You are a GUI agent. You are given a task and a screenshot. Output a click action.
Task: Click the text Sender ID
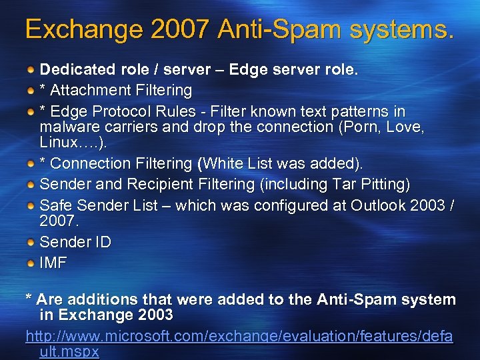(x=75, y=241)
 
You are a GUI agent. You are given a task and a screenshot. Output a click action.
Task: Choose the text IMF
(x=53, y=263)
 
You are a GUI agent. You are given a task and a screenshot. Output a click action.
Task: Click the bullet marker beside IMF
(x=31, y=263)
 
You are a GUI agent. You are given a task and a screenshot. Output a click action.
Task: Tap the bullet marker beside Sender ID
(x=31, y=241)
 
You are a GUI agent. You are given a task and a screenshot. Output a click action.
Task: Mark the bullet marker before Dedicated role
(x=31, y=69)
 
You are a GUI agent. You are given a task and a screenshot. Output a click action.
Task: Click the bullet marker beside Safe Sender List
(x=31, y=205)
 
